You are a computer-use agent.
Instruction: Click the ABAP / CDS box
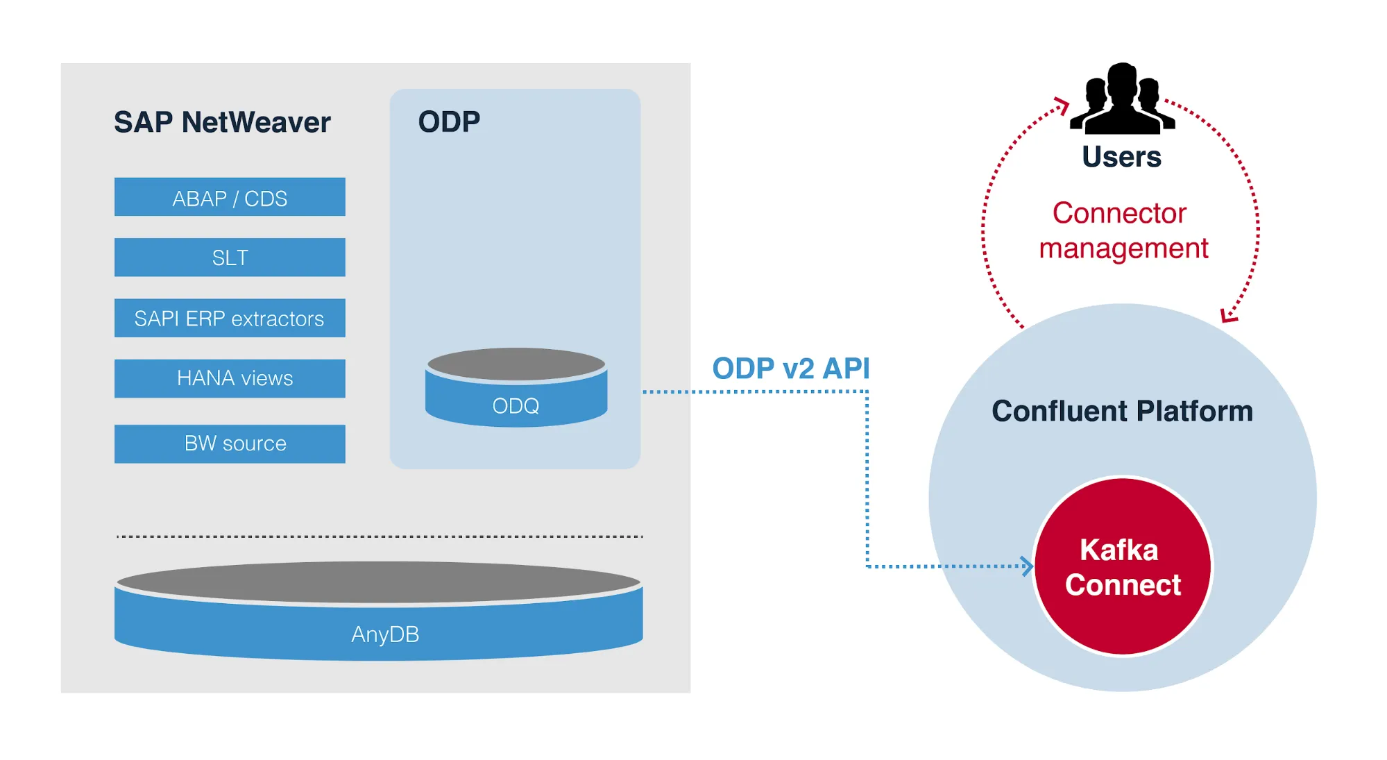coord(230,197)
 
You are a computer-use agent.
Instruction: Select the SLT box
coord(230,257)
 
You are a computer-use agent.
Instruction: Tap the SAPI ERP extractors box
coord(230,318)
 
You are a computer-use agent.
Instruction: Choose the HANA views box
coord(230,378)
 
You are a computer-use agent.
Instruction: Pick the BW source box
coord(230,444)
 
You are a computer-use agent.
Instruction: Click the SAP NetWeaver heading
coord(222,122)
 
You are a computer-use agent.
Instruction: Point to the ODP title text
coord(449,122)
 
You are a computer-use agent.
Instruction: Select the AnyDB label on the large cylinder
coord(385,634)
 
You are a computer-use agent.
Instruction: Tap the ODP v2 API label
coord(790,368)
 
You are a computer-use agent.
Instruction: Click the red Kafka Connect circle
coord(1123,566)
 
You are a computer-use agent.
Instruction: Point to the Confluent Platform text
coord(1122,411)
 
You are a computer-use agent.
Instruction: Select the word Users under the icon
coord(1121,157)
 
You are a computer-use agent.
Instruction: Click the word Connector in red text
coord(1119,213)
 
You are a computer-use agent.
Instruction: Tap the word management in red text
coord(1123,248)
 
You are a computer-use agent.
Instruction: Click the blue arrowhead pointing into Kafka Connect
coord(1028,566)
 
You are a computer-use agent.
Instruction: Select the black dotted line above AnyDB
coord(380,537)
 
